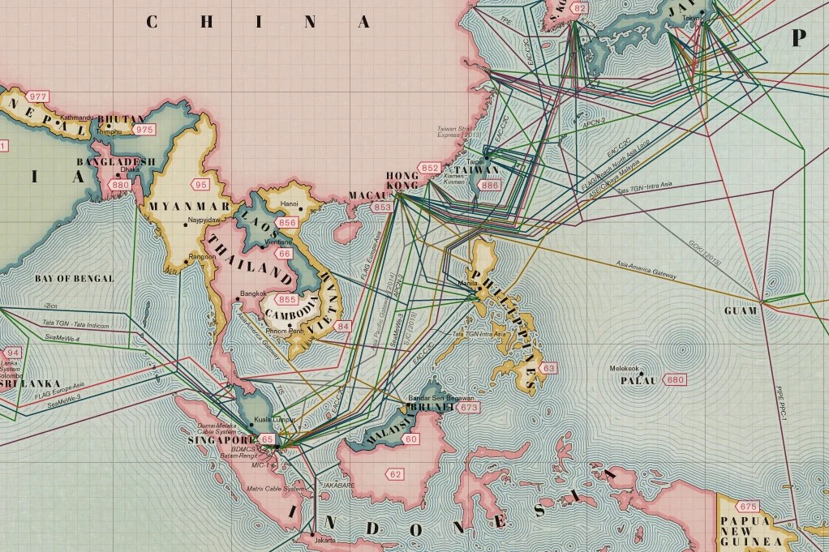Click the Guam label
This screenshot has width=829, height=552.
(x=741, y=310)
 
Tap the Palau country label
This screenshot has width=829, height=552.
(x=638, y=380)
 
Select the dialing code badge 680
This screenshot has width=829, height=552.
(x=675, y=380)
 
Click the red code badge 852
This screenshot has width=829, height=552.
(x=430, y=168)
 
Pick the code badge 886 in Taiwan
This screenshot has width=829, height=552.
(x=490, y=186)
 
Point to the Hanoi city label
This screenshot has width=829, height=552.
(x=289, y=203)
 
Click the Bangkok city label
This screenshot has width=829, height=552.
(x=254, y=293)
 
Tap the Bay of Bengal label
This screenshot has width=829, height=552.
(x=74, y=278)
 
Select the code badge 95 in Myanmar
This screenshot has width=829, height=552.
(x=200, y=185)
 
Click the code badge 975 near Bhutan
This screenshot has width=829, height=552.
(x=144, y=130)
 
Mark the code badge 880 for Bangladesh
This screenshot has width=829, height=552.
(x=121, y=185)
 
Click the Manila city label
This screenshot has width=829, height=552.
(x=468, y=284)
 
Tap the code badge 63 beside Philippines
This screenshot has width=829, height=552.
(x=549, y=369)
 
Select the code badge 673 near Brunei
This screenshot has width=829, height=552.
(x=468, y=408)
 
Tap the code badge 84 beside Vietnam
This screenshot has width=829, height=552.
(x=343, y=326)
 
